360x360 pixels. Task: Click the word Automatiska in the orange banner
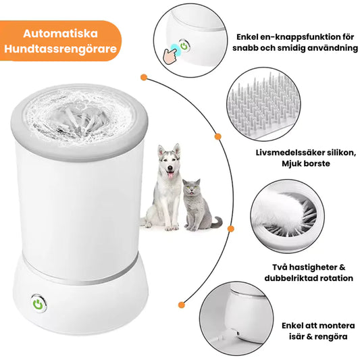[x=60, y=34]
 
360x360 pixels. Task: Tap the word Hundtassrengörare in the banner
[x=60, y=49]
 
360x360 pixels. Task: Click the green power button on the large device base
[x=38, y=303]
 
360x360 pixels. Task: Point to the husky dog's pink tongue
[x=170, y=176]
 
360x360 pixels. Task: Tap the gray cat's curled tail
[x=217, y=222]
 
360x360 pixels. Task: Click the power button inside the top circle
[x=184, y=46]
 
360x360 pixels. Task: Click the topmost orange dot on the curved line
[x=144, y=77]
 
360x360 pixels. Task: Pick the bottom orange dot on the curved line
[x=182, y=305]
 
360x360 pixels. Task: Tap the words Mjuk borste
[x=305, y=163]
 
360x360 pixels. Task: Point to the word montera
[x=336, y=326]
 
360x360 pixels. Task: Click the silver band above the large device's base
[x=80, y=274]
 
